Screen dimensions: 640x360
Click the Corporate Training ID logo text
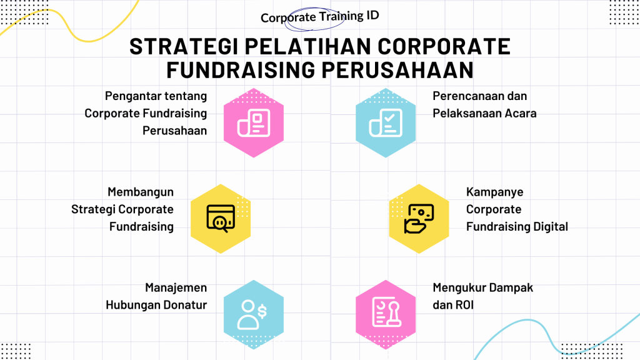[320, 17]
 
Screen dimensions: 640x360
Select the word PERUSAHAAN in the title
[397, 70]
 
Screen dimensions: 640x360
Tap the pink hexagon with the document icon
[254, 123]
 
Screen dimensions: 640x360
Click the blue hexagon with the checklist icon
[386, 123]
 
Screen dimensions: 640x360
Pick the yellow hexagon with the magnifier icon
[221, 219]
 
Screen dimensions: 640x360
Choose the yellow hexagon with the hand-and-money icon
[419, 219]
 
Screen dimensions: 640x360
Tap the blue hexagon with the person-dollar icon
[254, 315]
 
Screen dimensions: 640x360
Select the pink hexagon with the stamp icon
[386, 315]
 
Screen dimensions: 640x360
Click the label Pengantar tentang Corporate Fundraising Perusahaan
[146, 113]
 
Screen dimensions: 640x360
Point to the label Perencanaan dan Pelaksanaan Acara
[484, 104]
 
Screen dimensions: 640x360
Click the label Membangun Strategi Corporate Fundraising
[122, 209]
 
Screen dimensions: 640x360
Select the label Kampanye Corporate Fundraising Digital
[517, 209]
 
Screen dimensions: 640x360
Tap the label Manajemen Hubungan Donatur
[156, 296]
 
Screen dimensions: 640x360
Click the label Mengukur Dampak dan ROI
[483, 296]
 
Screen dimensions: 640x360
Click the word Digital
[550, 227]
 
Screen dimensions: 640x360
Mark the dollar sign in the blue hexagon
[262, 311]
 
